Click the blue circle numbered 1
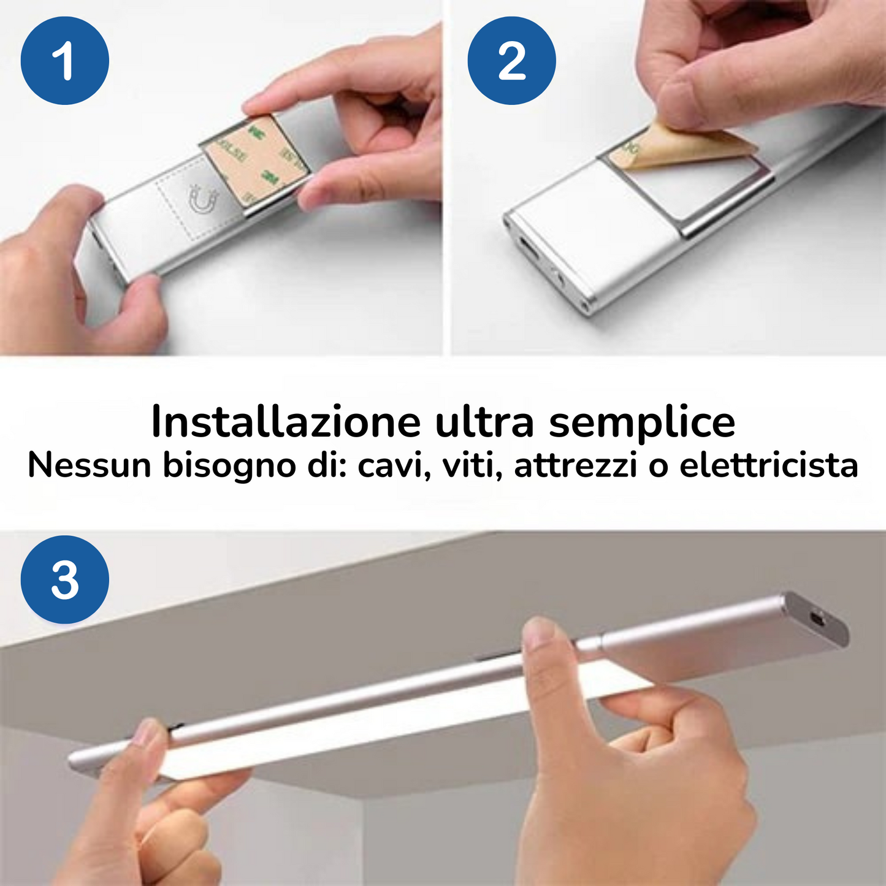65,61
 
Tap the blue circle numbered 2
511,61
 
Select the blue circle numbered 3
65,579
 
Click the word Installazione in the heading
286,422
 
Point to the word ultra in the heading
484,422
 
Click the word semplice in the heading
642,422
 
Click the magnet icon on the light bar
204,200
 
